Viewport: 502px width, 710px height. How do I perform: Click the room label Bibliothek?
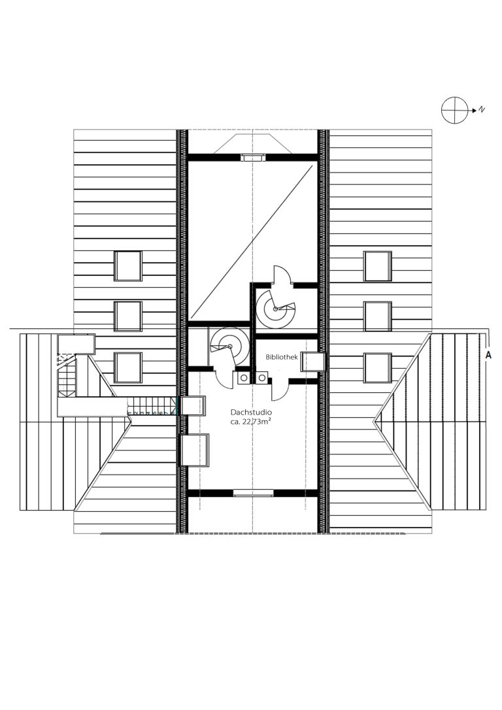[282, 357]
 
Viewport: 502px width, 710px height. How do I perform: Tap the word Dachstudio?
[251, 413]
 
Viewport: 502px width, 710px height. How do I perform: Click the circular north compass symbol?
[454, 110]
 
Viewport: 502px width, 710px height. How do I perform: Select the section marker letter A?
[488, 356]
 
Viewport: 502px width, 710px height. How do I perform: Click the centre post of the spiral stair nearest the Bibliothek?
[275, 309]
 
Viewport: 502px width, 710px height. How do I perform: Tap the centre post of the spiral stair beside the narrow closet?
[230, 347]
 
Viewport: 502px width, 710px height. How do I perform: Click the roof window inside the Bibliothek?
[313, 362]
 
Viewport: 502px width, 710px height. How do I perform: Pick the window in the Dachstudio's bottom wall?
[253, 493]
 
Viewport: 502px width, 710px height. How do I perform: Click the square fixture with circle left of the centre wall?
[244, 377]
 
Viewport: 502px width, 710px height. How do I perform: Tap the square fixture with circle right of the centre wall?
[261, 377]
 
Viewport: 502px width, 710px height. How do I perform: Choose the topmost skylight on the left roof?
[128, 266]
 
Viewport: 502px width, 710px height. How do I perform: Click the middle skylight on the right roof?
[378, 316]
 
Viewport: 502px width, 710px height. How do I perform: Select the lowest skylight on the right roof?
[378, 367]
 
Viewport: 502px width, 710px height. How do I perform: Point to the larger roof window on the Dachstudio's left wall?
[195, 450]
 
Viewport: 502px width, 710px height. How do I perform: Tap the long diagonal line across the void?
[252, 243]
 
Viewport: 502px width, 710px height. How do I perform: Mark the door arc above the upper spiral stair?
[282, 274]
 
